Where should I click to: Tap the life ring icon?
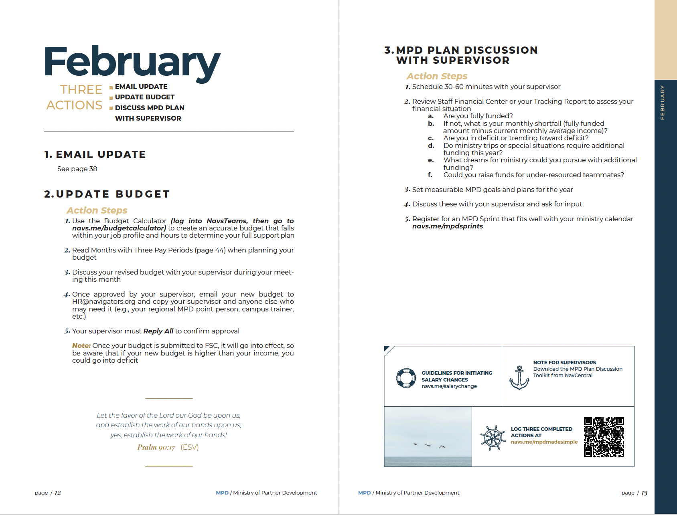[406, 378]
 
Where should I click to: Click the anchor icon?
[519, 378]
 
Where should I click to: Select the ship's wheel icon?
[493, 438]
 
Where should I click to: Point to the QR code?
[604, 437]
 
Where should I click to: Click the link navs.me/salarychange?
[449, 386]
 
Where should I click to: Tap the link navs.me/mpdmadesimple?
[544, 442]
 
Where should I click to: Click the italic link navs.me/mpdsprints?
[448, 226]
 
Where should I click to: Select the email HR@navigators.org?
[104, 302]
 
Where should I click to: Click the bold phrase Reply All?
[158, 331]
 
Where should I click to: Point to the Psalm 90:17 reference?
[156, 447]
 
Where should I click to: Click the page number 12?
[58, 493]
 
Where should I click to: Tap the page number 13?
[644, 493]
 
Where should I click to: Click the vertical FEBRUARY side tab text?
[663, 102]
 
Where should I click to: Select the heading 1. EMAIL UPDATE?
[95, 155]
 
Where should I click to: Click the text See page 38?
[77, 169]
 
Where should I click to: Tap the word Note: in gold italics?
[81, 346]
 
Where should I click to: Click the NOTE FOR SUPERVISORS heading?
[564, 363]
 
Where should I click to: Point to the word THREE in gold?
[81, 89]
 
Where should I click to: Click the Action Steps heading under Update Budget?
[97, 211]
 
